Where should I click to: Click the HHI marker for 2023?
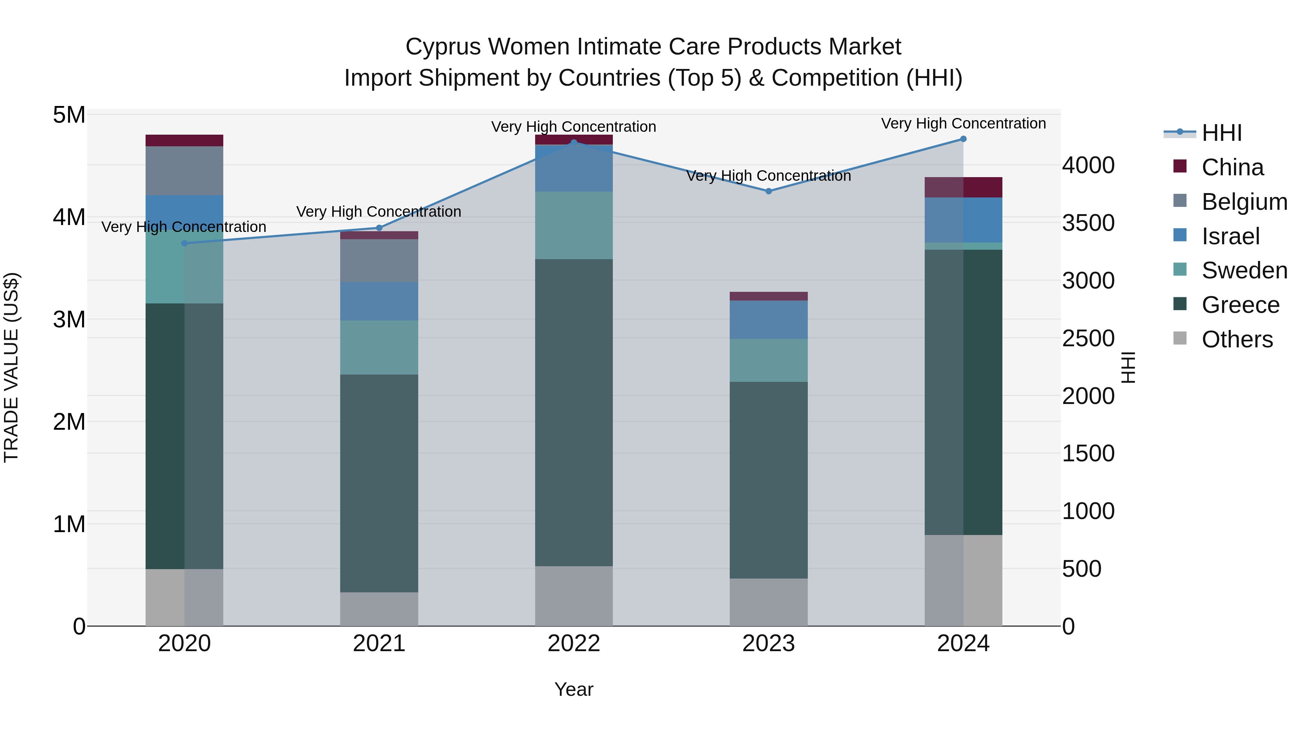pyautogui.click(x=768, y=191)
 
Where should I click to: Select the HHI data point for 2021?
pyautogui.click(x=379, y=228)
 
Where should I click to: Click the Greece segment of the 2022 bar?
pyautogui.click(x=574, y=412)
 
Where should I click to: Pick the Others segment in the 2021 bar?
pyautogui.click(x=379, y=609)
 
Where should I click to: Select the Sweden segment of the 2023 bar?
pyautogui.click(x=768, y=360)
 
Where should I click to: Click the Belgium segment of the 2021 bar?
pyautogui.click(x=379, y=260)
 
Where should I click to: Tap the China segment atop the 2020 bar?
pyautogui.click(x=184, y=140)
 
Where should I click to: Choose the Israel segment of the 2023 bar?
pyautogui.click(x=768, y=319)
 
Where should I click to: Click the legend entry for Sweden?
pyautogui.click(x=1244, y=270)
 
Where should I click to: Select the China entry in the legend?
pyautogui.click(x=1232, y=167)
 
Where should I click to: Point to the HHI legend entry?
pyautogui.click(x=1221, y=133)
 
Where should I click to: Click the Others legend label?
pyautogui.click(x=1237, y=339)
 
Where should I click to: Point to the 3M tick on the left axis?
pyautogui.click(x=69, y=319)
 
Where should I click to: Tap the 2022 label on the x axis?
pyautogui.click(x=574, y=644)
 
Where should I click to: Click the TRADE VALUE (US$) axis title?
pyautogui.click(x=11, y=367)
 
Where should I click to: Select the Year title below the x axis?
pyautogui.click(x=574, y=689)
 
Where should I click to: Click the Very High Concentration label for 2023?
pyautogui.click(x=768, y=176)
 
